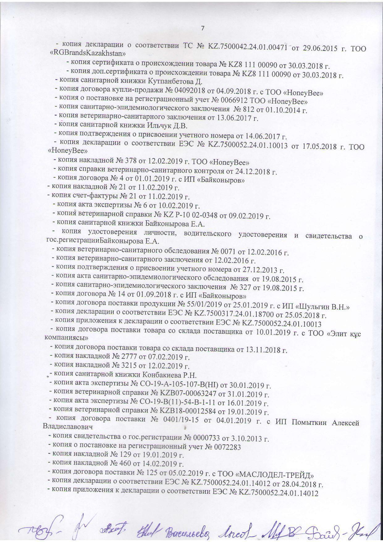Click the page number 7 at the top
[203, 28]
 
